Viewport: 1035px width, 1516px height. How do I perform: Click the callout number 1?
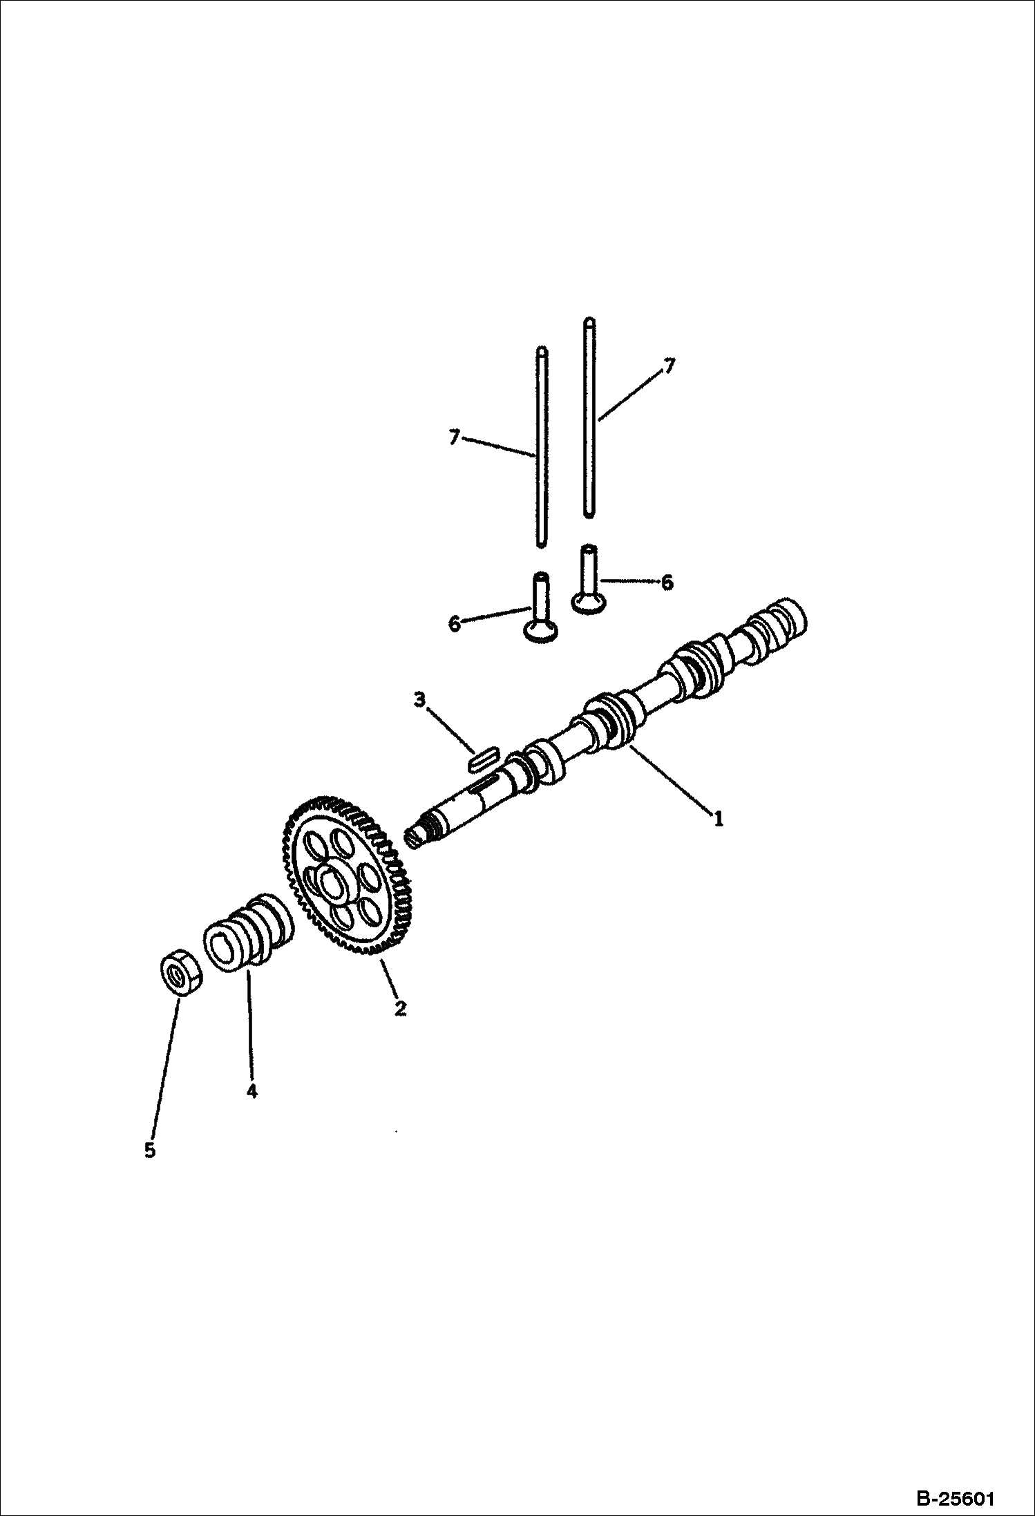[719, 819]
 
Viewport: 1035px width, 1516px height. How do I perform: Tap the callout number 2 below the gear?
[400, 1008]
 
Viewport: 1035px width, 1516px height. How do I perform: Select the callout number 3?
[419, 700]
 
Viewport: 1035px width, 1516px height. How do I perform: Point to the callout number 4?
[251, 1091]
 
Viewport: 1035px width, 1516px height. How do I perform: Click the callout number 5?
[150, 1150]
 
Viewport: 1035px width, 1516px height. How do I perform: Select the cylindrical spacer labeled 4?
[247, 930]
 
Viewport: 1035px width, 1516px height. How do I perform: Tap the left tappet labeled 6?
[540, 607]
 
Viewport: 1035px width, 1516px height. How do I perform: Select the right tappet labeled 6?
[587, 578]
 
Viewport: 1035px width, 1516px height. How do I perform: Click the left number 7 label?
[454, 437]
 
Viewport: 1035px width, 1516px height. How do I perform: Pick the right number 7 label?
[667, 366]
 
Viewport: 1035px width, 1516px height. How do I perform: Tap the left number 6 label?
[454, 624]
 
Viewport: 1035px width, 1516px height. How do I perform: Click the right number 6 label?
[667, 583]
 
